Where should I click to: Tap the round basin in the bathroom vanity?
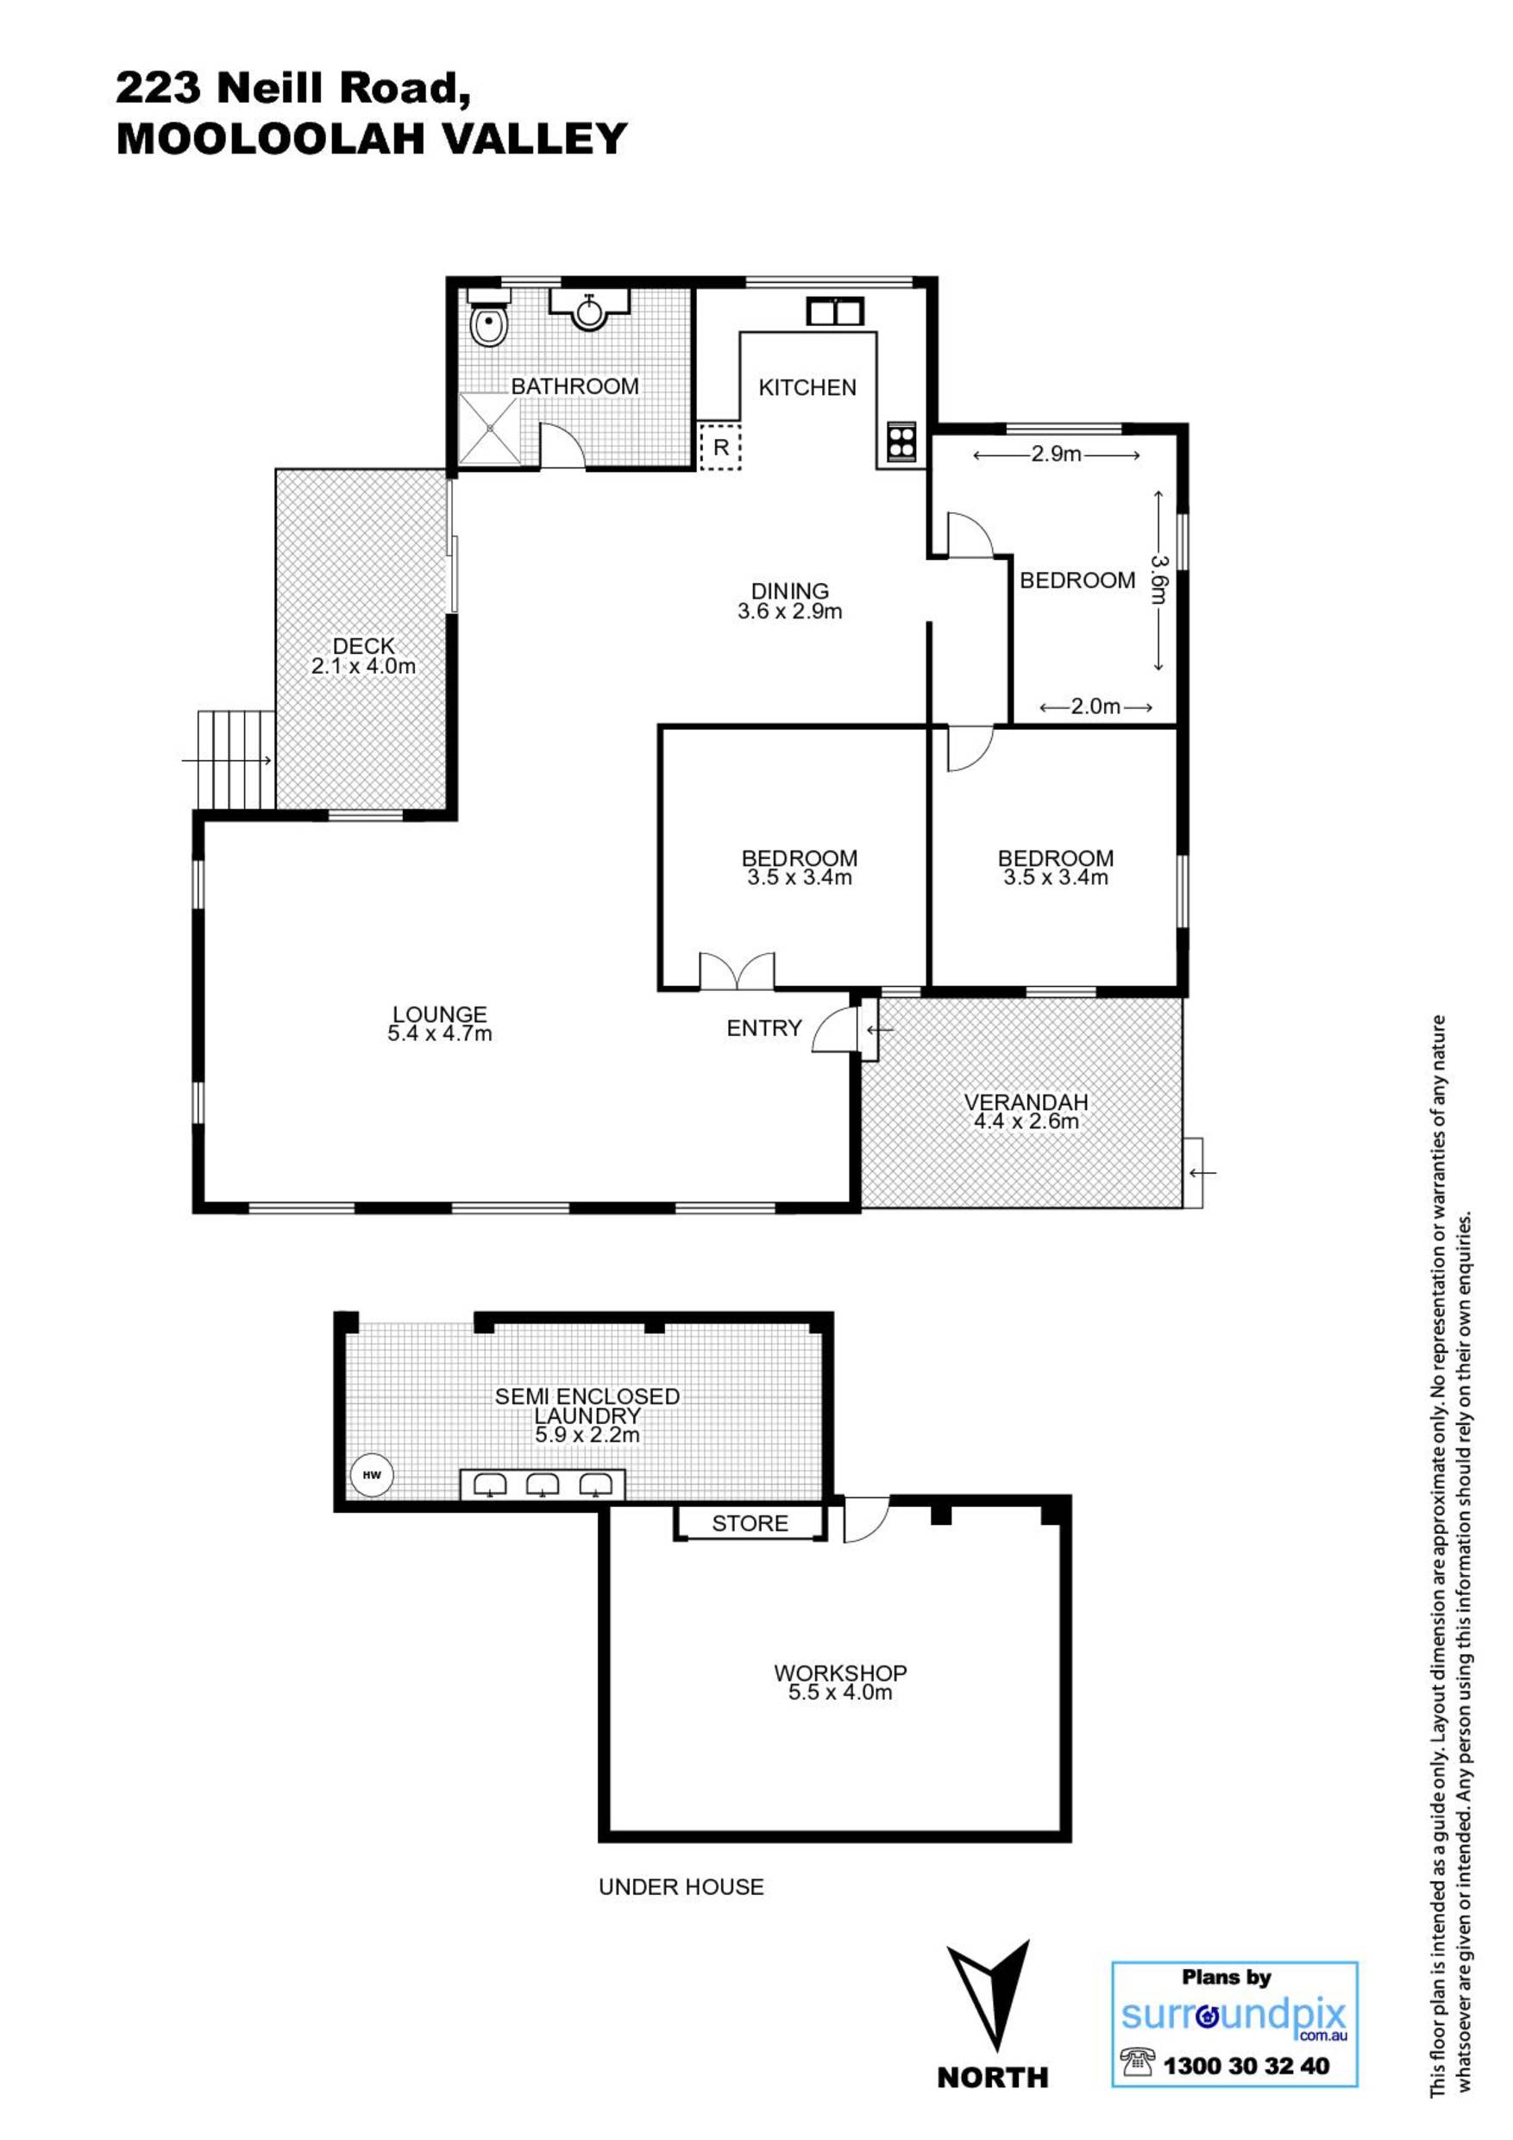pos(589,310)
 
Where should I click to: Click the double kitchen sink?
pos(834,310)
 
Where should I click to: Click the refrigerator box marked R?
pos(719,447)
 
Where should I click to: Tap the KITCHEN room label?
pos(807,386)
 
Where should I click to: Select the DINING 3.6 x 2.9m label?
pos(790,601)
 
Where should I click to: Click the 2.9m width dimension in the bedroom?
pos(1056,455)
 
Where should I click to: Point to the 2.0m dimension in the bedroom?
pos(1096,706)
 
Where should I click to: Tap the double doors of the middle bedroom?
pos(737,970)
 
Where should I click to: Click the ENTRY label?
pos(764,1028)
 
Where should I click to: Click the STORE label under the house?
pos(750,1523)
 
